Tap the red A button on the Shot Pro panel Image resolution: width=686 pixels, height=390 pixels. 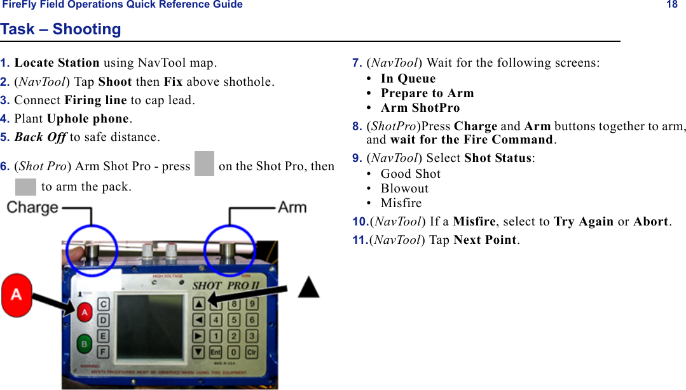[x=85, y=312]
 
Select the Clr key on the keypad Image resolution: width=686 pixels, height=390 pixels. [x=252, y=352]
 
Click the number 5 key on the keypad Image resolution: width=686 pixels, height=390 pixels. [x=235, y=319]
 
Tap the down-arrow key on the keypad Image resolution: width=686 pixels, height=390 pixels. [x=199, y=351]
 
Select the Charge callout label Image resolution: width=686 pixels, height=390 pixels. [x=32, y=208]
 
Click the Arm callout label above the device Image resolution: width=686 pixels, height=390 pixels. [x=292, y=207]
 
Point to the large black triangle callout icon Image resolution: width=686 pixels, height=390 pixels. [x=309, y=287]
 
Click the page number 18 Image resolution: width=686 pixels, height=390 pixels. [x=671, y=5]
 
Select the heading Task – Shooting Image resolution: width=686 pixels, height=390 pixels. [x=60, y=29]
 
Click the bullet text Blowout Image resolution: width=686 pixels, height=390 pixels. [x=404, y=189]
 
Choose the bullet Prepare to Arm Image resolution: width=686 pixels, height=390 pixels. [x=427, y=93]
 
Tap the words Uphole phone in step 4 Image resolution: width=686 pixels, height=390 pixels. [x=88, y=119]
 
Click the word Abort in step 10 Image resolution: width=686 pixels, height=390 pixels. [x=650, y=222]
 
